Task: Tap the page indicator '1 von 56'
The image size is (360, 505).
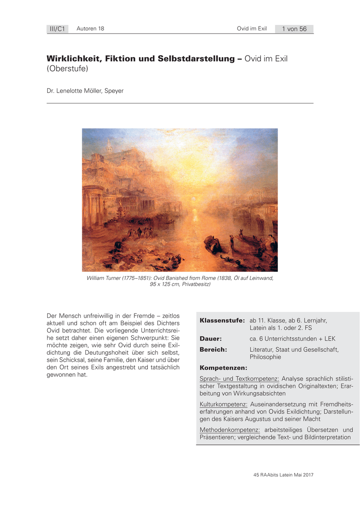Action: pyautogui.click(x=294, y=29)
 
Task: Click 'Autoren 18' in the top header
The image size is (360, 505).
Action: pyautogui.click(x=90, y=29)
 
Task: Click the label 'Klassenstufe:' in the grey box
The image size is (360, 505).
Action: pyautogui.click(x=222, y=320)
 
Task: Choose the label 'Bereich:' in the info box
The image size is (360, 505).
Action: pyautogui.click(x=213, y=349)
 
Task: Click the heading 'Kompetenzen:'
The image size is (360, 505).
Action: pyautogui.click(x=223, y=367)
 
